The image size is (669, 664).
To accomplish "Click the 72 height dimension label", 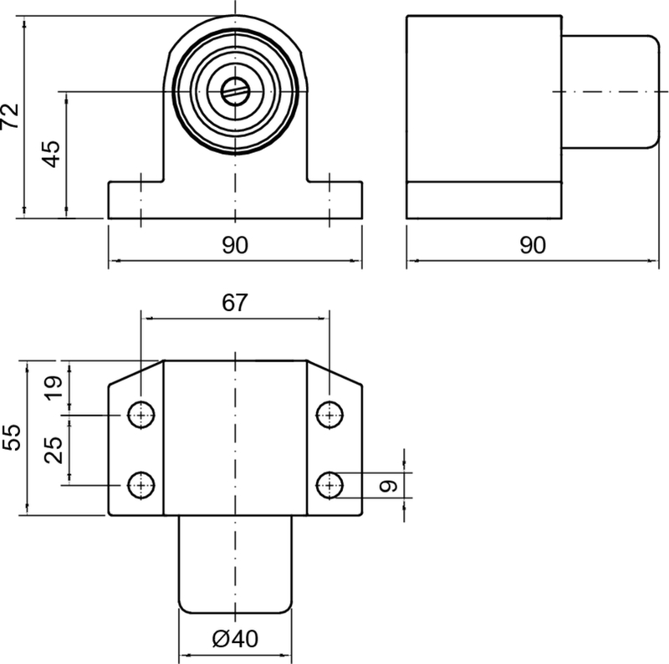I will tap(11, 115).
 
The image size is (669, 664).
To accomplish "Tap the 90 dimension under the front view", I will tap(235, 244).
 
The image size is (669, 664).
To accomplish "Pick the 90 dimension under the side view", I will tap(532, 244).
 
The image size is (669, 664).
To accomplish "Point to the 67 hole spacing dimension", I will tap(235, 303).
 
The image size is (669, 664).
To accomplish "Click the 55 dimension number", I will tap(12, 437).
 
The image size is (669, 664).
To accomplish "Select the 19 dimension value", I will tap(52, 388).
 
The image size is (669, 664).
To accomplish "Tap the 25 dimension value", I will tap(52, 449).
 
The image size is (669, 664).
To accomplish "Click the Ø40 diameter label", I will tap(235, 639).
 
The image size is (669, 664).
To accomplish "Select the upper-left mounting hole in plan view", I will tap(141, 413).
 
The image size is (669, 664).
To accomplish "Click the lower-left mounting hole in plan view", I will tap(141, 483).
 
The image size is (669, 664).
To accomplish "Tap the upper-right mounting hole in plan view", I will tap(330, 413).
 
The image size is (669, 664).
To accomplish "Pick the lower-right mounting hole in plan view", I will tap(330, 483).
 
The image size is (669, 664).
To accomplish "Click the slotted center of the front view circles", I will tap(236, 90).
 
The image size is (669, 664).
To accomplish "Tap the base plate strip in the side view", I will tap(483, 200).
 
